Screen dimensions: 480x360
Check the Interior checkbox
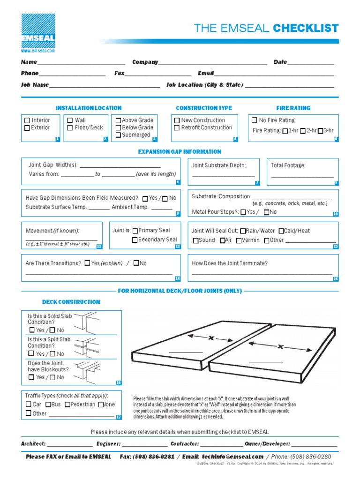27,120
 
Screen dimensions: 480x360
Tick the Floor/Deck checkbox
70,127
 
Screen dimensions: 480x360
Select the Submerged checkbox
118,135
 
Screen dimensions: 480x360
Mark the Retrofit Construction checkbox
177,127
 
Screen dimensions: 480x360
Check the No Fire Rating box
255,120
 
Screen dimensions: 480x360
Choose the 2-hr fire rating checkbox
303,131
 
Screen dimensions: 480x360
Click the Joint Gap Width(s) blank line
121,165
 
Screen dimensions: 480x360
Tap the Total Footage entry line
302,176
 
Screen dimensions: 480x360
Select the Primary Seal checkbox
135,231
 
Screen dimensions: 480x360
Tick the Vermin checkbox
239,240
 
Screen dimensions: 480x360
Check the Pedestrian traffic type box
67,404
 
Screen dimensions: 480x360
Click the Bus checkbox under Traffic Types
48,404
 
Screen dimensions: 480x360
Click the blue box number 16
119,383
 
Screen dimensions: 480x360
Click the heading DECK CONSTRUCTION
71,302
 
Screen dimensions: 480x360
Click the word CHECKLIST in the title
306,28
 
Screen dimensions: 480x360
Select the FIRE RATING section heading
293,108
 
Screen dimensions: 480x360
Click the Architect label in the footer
33,443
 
